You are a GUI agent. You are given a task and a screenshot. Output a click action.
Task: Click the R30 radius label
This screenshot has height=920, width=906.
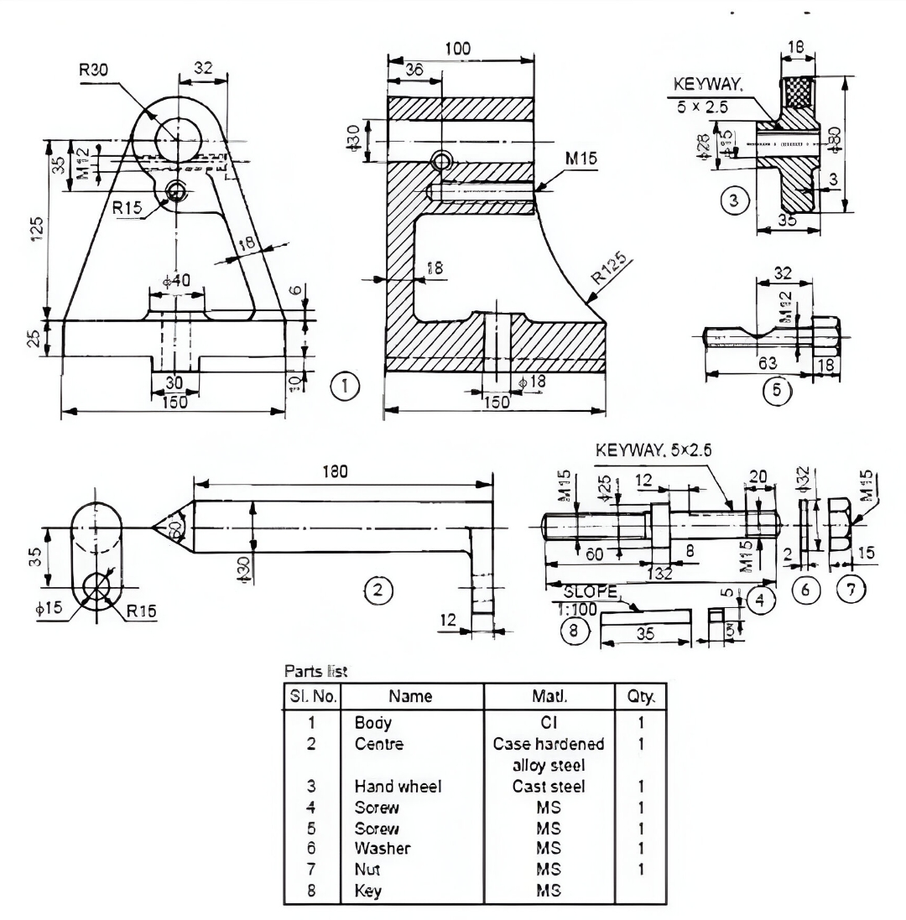coord(94,71)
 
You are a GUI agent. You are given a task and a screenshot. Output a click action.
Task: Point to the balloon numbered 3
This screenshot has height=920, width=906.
coord(734,202)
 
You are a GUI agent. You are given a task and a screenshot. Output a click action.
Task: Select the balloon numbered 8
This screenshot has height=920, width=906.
coord(575,632)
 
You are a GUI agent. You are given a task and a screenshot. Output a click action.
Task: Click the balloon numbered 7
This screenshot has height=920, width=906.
coord(852,590)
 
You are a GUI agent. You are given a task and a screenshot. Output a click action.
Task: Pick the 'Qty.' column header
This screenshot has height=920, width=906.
coord(642,695)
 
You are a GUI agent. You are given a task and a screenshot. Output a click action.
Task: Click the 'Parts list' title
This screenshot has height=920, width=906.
coord(315,671)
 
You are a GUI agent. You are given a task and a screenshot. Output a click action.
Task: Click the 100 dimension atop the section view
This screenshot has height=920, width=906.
coord(457,49)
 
